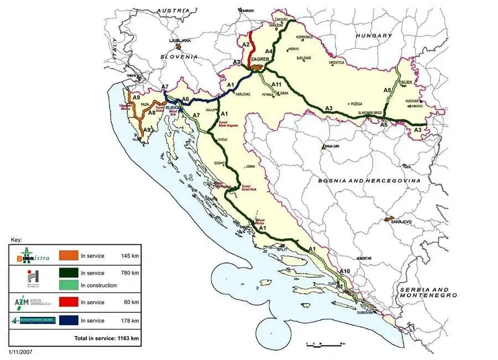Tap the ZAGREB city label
(260, 59)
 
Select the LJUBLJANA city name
(180, 40)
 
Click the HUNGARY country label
(373, 35)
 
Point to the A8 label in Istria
(151, 113)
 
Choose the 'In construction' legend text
(98, 285)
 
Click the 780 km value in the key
(131, 273)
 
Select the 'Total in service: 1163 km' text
(106, 337)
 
